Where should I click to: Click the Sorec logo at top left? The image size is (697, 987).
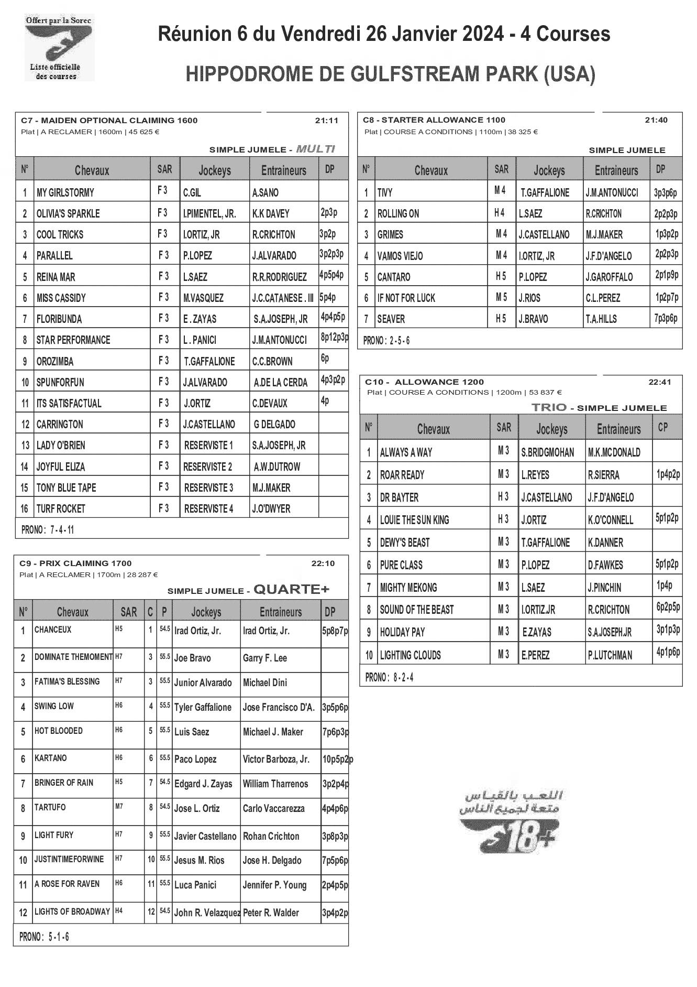59,48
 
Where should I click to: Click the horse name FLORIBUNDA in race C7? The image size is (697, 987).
59,319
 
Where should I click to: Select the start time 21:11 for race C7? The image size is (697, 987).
327,121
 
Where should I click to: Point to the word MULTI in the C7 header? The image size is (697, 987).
315,149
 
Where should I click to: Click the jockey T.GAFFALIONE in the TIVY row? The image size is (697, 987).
545,193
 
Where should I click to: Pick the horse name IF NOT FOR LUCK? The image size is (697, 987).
406,298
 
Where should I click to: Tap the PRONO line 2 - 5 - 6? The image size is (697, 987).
387,341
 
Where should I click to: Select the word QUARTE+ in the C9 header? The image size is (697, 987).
291,590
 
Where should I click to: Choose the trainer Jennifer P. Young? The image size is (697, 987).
274,885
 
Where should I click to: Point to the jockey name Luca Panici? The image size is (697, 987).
195,885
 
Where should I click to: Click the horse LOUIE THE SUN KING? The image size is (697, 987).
415,520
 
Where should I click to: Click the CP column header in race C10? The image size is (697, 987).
663,428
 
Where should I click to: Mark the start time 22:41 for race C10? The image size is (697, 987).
660,382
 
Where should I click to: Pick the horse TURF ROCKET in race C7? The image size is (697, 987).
61,509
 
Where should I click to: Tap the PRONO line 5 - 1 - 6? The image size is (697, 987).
45,937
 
